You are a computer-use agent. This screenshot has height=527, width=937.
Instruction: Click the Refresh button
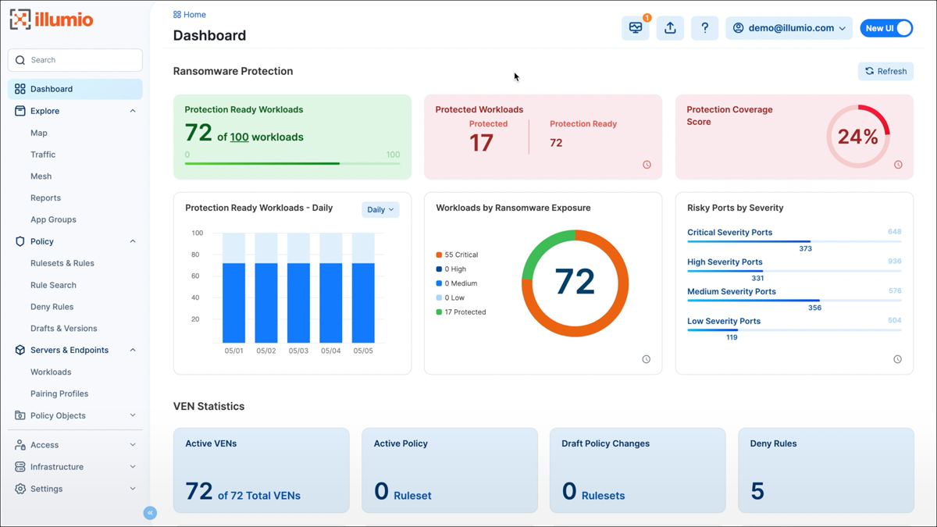(885, 71)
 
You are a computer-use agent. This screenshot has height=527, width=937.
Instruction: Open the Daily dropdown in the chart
(380, 209)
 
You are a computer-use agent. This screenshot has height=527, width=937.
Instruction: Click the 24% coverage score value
(857, 137)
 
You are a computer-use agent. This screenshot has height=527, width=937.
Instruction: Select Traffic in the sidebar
(43, 155)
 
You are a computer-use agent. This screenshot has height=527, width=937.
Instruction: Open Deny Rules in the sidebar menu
(52, 307)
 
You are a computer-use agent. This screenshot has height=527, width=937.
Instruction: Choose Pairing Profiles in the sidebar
(59, 393)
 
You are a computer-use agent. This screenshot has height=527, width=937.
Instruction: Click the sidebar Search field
(75, 60)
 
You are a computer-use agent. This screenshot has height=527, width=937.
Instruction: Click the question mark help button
(704, 28)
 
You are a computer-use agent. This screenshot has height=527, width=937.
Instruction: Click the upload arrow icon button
(670, 28)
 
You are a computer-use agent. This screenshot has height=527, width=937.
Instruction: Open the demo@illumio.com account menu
(789, 28)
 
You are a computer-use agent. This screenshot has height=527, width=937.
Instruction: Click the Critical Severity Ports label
(729, 233)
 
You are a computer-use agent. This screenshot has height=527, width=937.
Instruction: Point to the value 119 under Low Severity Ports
(732, 337)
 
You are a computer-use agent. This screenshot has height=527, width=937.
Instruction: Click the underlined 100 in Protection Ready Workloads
(239, 137)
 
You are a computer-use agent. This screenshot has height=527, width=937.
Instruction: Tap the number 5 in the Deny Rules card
(757, 490)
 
